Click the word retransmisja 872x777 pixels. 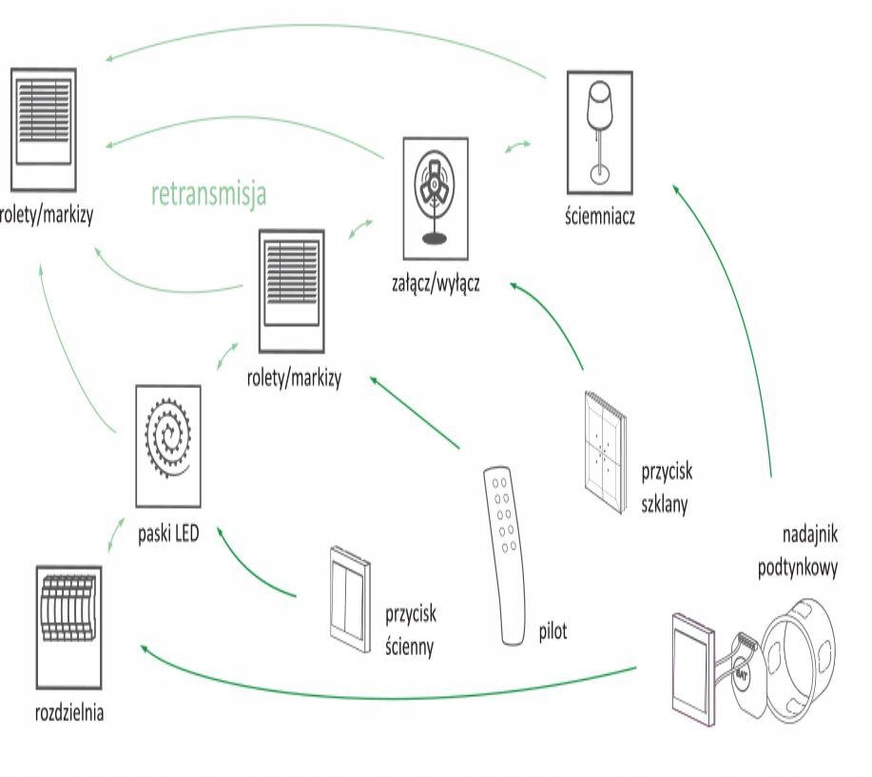[208, 195]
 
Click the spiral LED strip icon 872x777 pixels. [168, 444]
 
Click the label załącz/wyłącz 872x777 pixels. [436, 282]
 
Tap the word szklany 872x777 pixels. [665, 501]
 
